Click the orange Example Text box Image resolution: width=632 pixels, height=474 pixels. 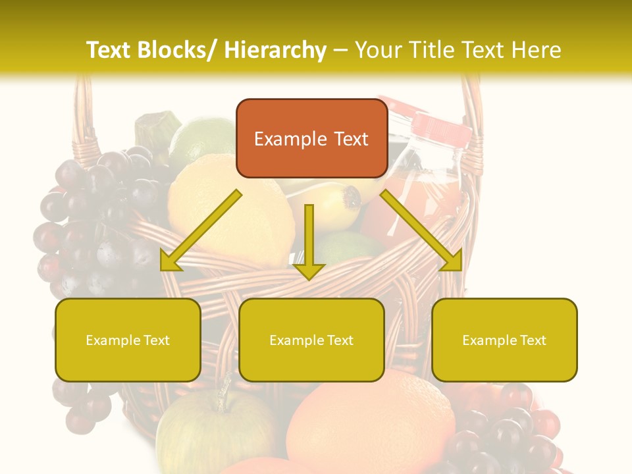(x=311, y=138)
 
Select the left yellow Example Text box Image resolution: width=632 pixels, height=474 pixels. (x=128, y=340)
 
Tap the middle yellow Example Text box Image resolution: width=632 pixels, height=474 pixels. (x=311, y=340)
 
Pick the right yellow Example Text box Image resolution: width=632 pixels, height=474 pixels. (x=504, y=340)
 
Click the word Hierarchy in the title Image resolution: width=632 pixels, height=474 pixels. (x=275, y=50)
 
